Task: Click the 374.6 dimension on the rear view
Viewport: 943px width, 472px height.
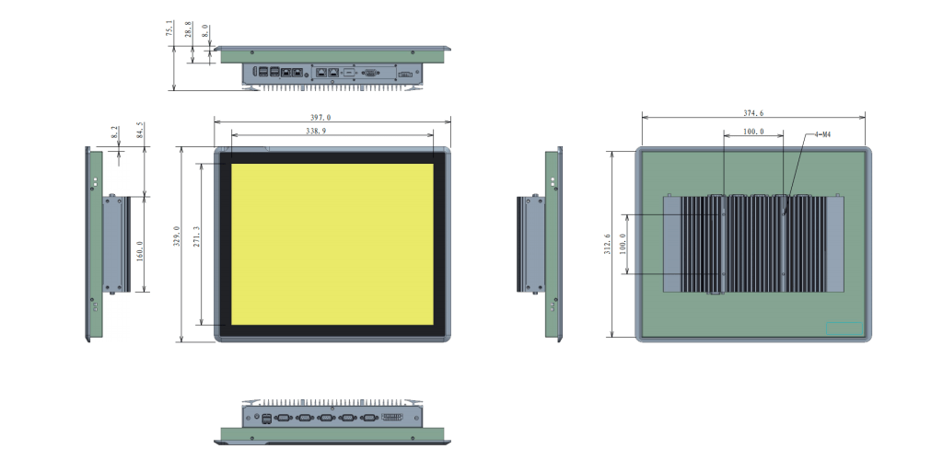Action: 753,113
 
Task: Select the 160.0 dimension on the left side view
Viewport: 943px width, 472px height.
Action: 139,250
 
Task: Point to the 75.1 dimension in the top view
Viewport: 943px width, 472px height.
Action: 169,29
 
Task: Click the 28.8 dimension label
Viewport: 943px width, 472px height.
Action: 189,33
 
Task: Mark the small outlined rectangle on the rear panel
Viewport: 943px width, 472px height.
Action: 844,328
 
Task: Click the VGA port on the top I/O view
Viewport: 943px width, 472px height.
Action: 370,71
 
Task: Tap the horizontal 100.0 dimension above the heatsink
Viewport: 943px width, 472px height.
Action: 753,132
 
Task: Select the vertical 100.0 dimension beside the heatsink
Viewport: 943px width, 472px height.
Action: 622,244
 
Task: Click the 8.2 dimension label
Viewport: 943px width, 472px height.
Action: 114,134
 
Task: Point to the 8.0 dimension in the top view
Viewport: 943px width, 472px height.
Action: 204,31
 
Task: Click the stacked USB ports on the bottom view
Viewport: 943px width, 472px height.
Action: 266,419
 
